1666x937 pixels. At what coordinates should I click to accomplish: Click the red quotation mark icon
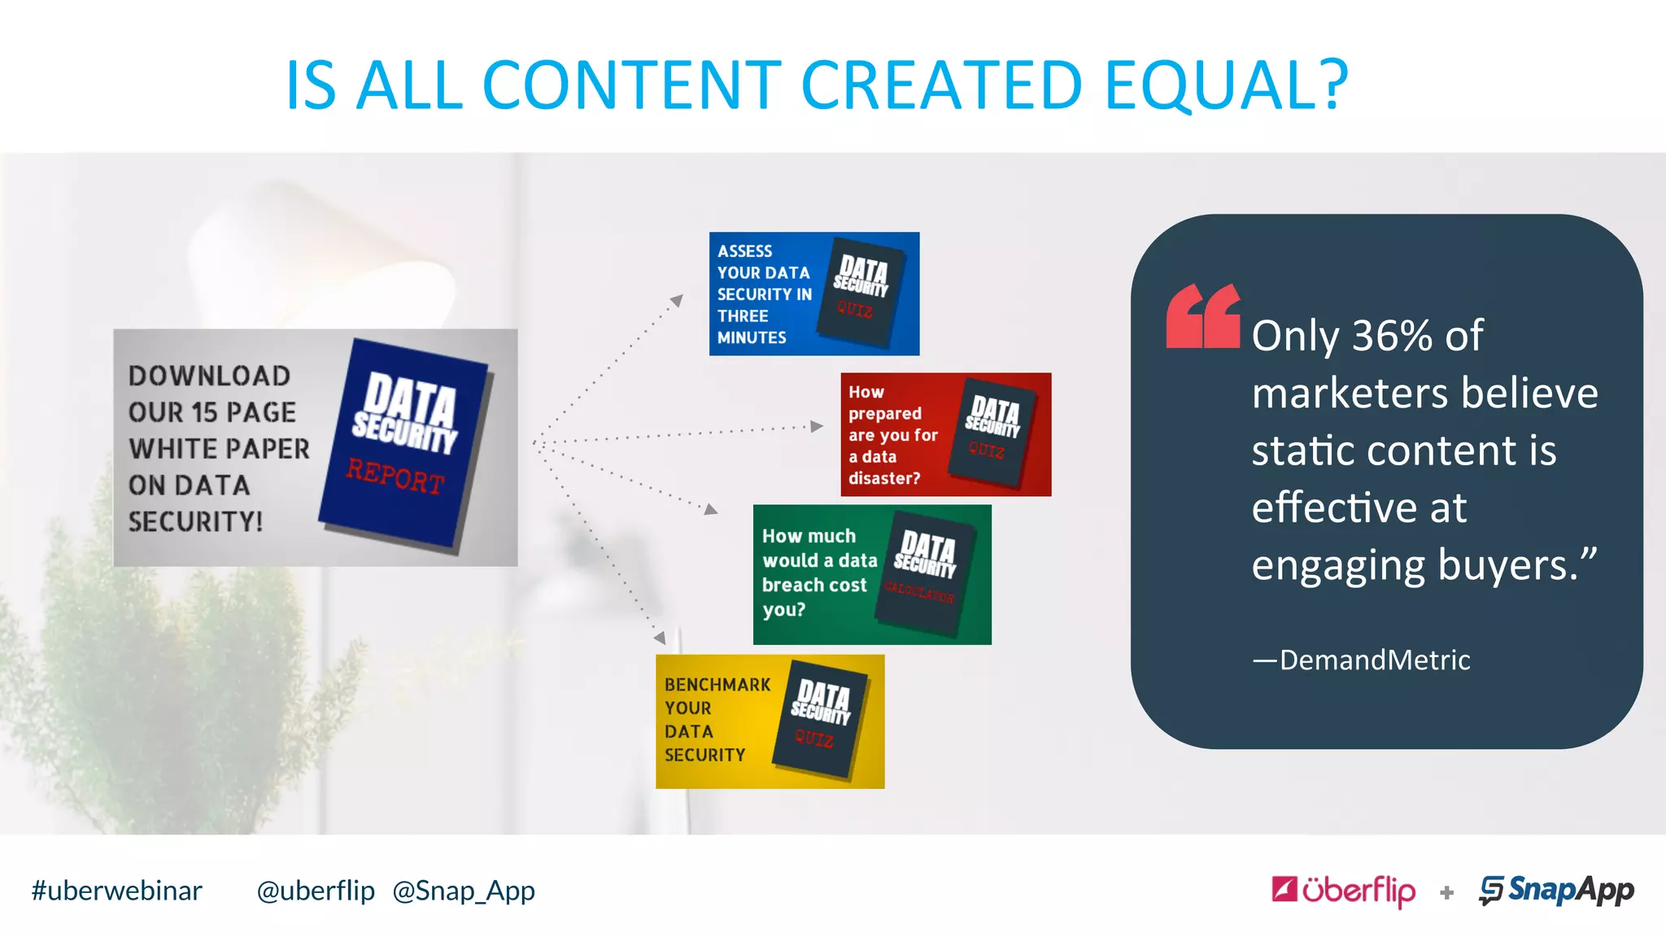click(x=1202, y=316)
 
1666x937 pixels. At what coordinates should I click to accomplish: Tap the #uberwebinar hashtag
click(x=116, y=891)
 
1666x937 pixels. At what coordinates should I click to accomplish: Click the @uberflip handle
click(x=316, y=891)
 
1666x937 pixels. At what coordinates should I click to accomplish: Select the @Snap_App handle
click(x=464, y=891)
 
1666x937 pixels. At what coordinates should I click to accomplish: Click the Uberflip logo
click(x=1343, y=890)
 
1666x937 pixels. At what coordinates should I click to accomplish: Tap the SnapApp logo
click(x=1556, y=890)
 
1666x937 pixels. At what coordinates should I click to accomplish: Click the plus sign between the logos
click(x=1446, y=893)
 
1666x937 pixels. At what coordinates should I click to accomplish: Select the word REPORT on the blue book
click(x=395, y=477)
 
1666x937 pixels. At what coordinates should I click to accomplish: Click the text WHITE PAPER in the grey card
click(x=219, y=449)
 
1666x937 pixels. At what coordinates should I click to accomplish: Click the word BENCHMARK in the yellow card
click(x=717, y=685)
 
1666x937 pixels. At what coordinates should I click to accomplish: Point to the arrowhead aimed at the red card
click(x=817, y=425)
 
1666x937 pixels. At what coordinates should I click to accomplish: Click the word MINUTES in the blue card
click(x=752, y=338)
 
